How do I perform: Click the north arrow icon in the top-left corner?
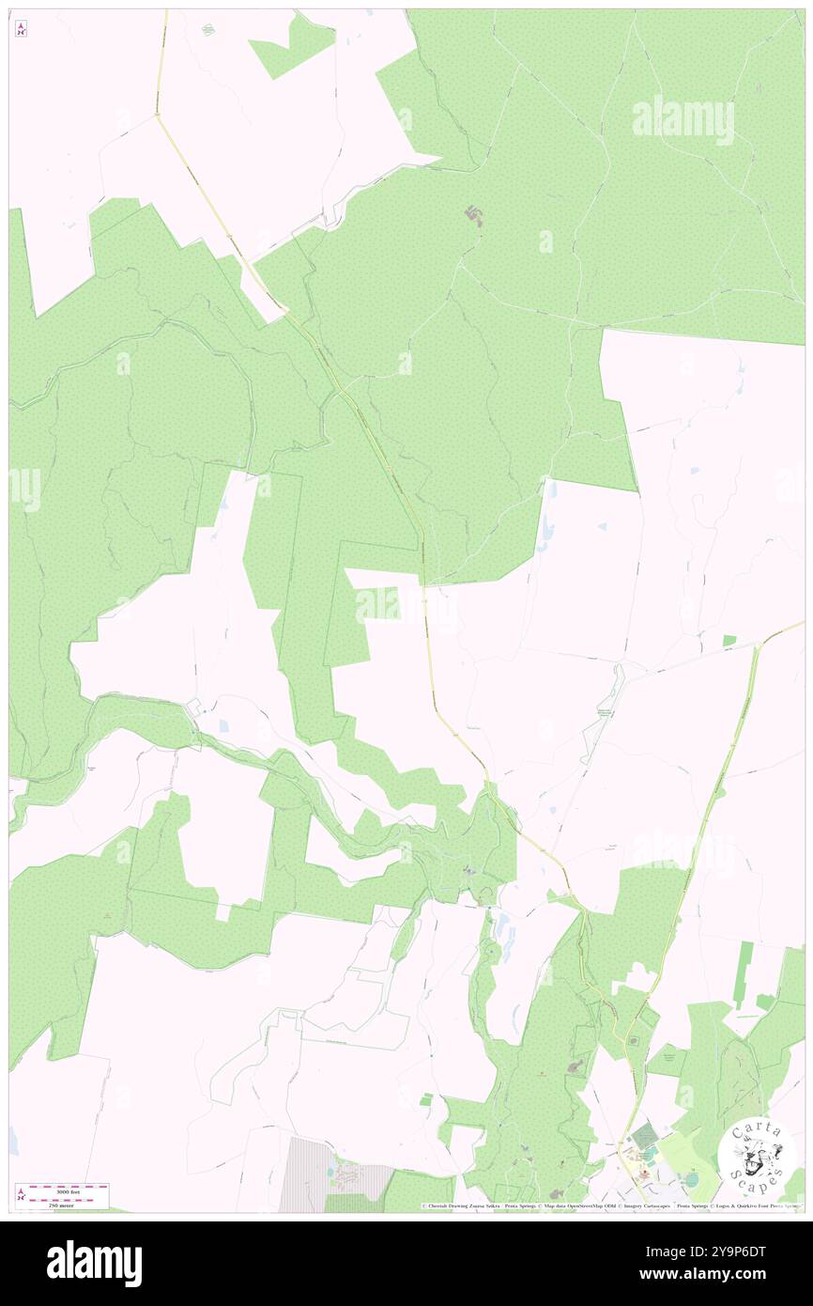pos(21,29)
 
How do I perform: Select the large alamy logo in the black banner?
pos(94,1263)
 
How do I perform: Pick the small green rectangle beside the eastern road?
pos(729,641)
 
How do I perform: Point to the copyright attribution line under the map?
pos(610,1205)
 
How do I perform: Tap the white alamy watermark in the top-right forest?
pos(683,120)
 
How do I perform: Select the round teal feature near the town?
pos(691,1179)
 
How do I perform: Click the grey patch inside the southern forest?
pos(575,1066)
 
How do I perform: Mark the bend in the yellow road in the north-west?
pos(159,116)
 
